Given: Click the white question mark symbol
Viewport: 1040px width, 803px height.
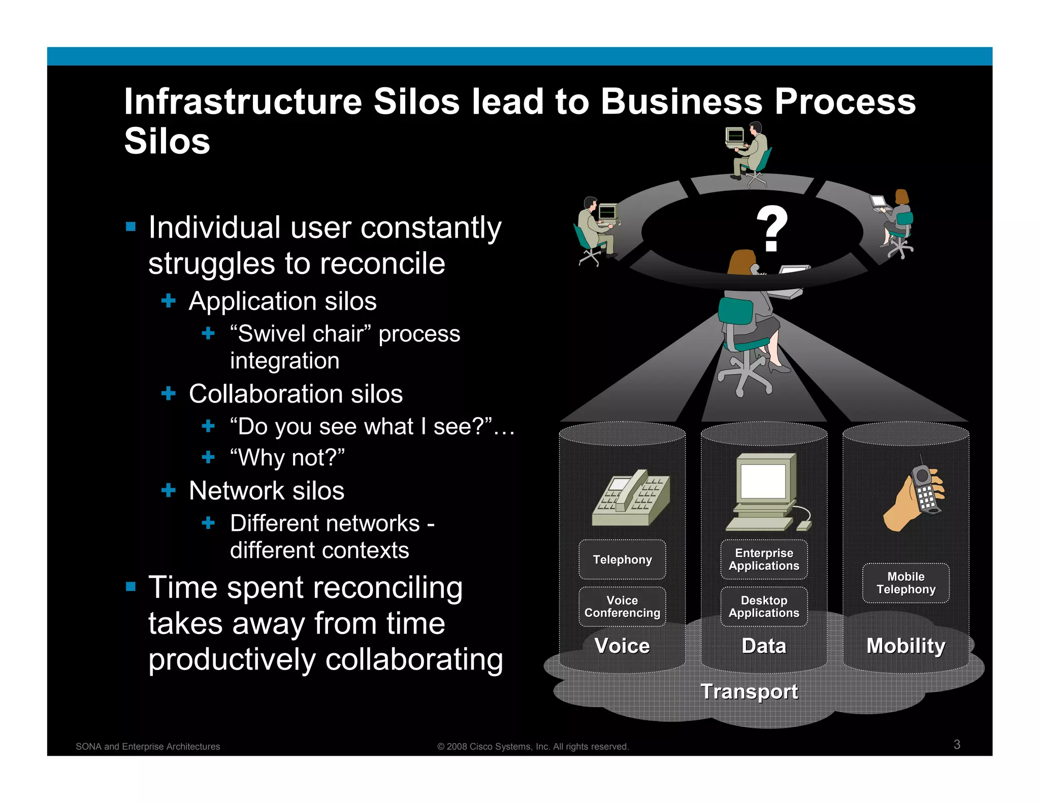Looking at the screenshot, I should point(771,229).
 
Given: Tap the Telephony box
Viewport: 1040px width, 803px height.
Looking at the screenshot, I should point(622,559).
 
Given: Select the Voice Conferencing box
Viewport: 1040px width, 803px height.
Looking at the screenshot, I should point(622,607).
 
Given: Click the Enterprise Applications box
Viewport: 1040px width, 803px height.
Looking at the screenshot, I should point(764,559).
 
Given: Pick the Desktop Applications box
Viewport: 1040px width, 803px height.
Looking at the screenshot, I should point(764,607).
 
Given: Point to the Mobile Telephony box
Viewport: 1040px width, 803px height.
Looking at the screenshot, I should point(905,583).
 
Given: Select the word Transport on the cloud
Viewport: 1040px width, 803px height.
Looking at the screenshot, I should point(749,691).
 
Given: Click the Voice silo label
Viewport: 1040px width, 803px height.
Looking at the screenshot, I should point(622,646).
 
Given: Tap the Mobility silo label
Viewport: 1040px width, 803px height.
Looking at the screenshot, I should point(905,646).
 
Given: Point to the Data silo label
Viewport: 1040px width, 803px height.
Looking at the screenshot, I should point(764,646).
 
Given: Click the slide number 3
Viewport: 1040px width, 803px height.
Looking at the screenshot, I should point(957,744).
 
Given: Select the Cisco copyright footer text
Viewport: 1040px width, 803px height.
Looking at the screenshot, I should point(533,747).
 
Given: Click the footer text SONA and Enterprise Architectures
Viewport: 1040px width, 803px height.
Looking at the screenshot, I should point(148,747).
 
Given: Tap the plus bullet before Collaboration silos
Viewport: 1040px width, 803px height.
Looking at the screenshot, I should point(168,393).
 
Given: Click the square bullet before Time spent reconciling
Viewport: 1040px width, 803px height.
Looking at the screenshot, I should point(131,587).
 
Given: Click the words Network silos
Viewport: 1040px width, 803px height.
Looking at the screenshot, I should point(267,491).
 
